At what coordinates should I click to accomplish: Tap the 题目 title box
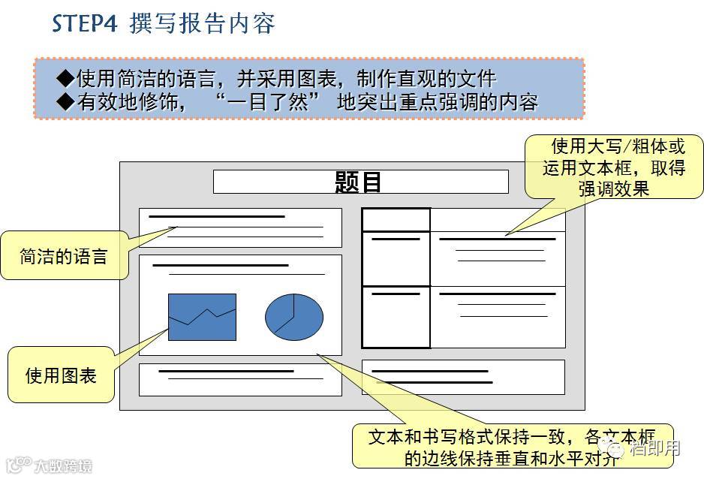(x=360, y=182)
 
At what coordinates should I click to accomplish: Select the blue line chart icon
(x=202, y=317)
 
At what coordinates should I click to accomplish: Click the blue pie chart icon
(x=293, y=315)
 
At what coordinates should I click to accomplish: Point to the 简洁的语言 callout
(x=64, y=257)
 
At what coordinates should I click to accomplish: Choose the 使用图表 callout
(x=62, y=375)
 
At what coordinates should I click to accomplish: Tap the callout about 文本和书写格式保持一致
(x=513, y=446)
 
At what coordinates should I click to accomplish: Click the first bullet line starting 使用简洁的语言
(x=285, y=79)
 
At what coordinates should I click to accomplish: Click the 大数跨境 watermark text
(x=63, y=465)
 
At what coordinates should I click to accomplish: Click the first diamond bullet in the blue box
(x=65, y=78)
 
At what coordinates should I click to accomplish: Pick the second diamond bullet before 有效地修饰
(x=65, y=101)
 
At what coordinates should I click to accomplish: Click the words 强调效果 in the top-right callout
(x=614, y=188)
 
